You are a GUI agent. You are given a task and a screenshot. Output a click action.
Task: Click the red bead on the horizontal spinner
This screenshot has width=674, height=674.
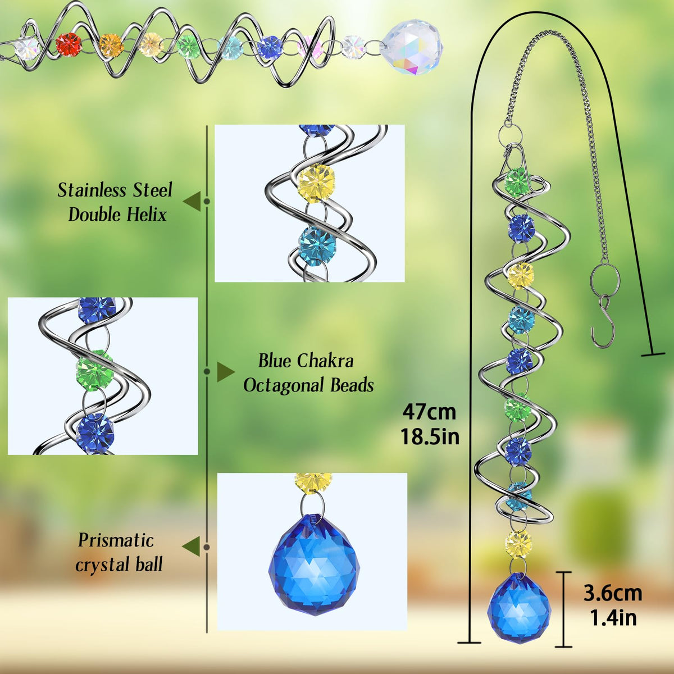pos(68,44)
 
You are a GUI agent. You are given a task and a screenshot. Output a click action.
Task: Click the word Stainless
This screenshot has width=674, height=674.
pos(92,190)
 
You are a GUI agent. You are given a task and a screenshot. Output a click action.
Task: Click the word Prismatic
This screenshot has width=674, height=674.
pos(116,540)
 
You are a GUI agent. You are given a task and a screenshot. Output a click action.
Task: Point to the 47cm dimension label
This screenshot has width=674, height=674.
pos(429,412)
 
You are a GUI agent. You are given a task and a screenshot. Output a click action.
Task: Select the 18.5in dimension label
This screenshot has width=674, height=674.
pos(430,436)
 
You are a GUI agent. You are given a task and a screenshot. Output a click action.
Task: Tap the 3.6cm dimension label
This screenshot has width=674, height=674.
pos(613,594)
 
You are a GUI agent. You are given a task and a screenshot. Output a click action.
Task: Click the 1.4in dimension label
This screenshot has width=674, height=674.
pos(613,618)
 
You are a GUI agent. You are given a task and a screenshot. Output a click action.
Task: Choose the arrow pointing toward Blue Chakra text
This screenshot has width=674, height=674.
pos(226,371)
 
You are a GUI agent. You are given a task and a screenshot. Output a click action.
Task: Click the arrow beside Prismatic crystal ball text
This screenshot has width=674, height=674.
pos(191,547)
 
